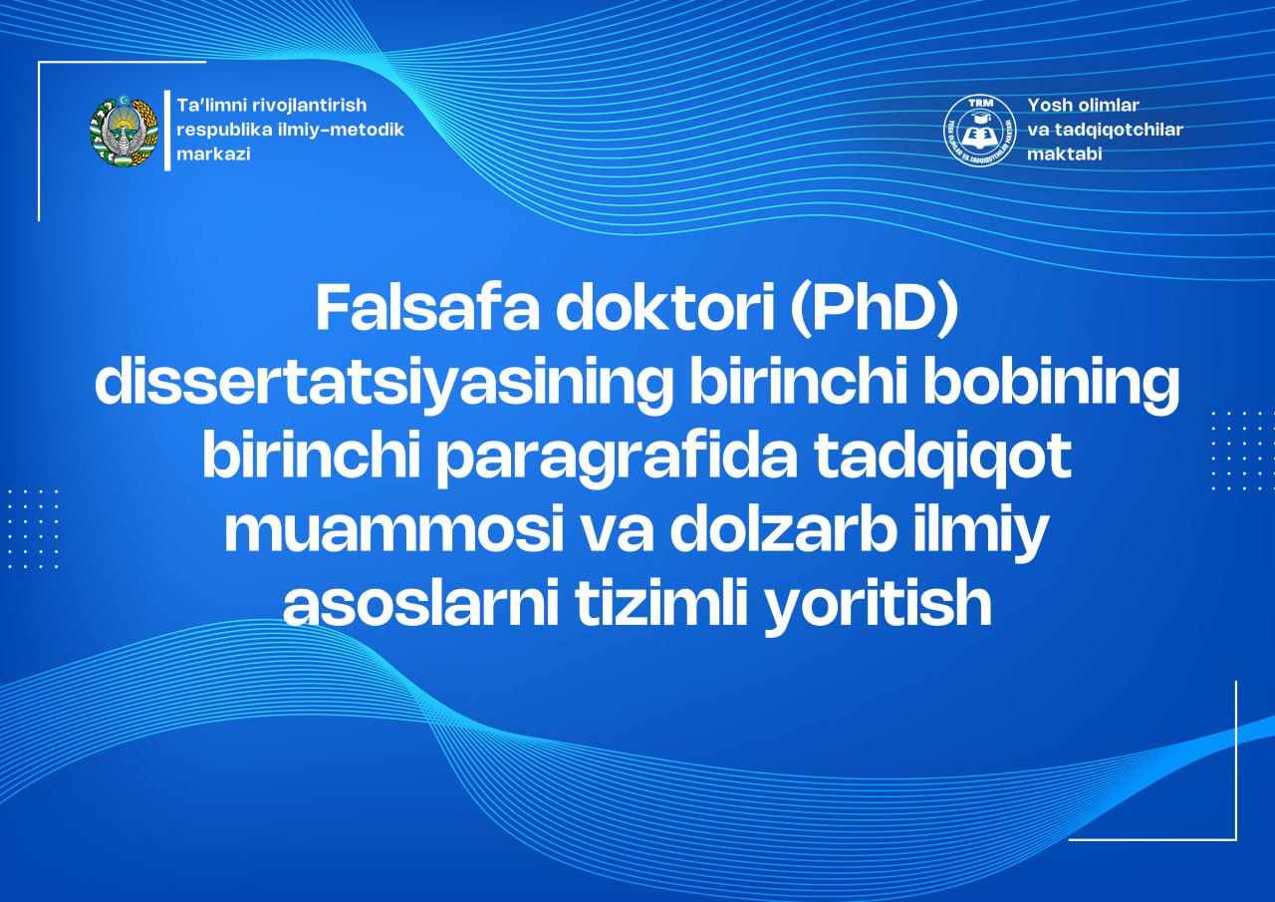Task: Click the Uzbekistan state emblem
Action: [124, 131]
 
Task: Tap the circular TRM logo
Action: [981, 131]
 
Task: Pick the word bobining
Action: [1050, 384]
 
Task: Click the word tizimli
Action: [659, 602]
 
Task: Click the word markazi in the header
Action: [213, 154]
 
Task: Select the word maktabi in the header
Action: [1065, 154]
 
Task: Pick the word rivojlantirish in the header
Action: [309, 106]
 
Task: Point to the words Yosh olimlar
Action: [1083, 106]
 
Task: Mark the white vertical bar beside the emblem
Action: [167, 131]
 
